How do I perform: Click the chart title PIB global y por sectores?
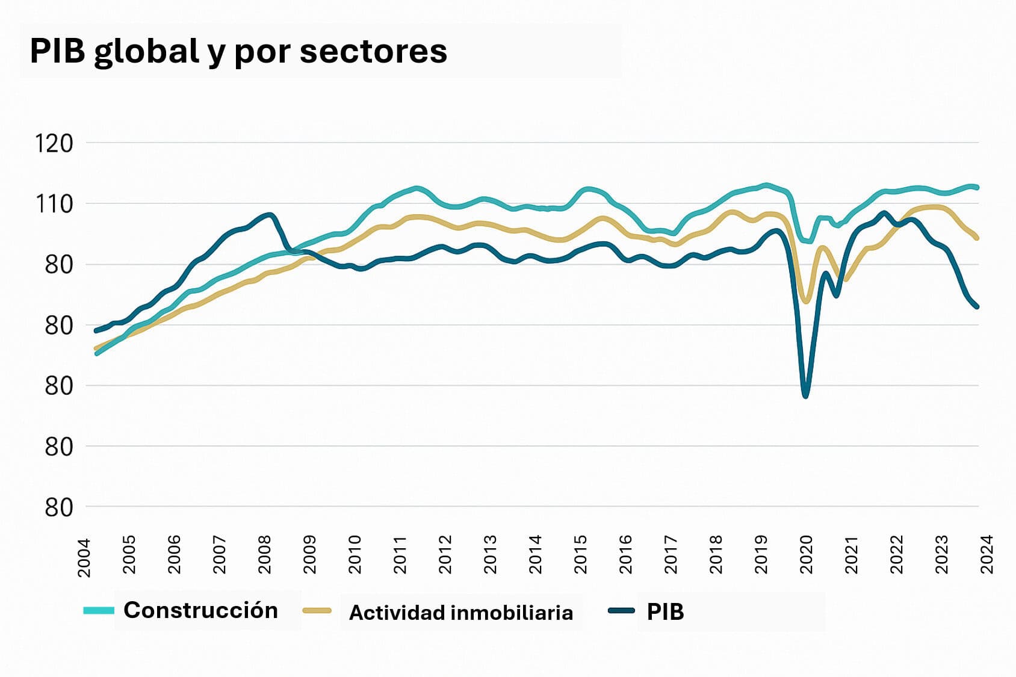238,51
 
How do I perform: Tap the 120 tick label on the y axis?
54,144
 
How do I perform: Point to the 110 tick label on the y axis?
54,205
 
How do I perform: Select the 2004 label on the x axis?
84,557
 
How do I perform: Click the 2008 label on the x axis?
265,554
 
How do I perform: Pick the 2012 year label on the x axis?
445,554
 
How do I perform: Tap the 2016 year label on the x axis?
626,554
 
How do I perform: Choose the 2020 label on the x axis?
807,554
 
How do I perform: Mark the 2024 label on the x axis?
987,554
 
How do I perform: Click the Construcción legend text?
200,610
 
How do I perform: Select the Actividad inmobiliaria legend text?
461,613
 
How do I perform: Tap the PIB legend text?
665,612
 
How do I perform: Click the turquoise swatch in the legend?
99,611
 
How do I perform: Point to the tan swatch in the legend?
317,611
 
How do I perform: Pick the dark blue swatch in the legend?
621,611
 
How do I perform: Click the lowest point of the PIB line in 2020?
805,396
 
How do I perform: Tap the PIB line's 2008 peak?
269,214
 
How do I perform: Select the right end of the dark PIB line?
977,307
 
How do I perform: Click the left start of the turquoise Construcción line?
96,354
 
